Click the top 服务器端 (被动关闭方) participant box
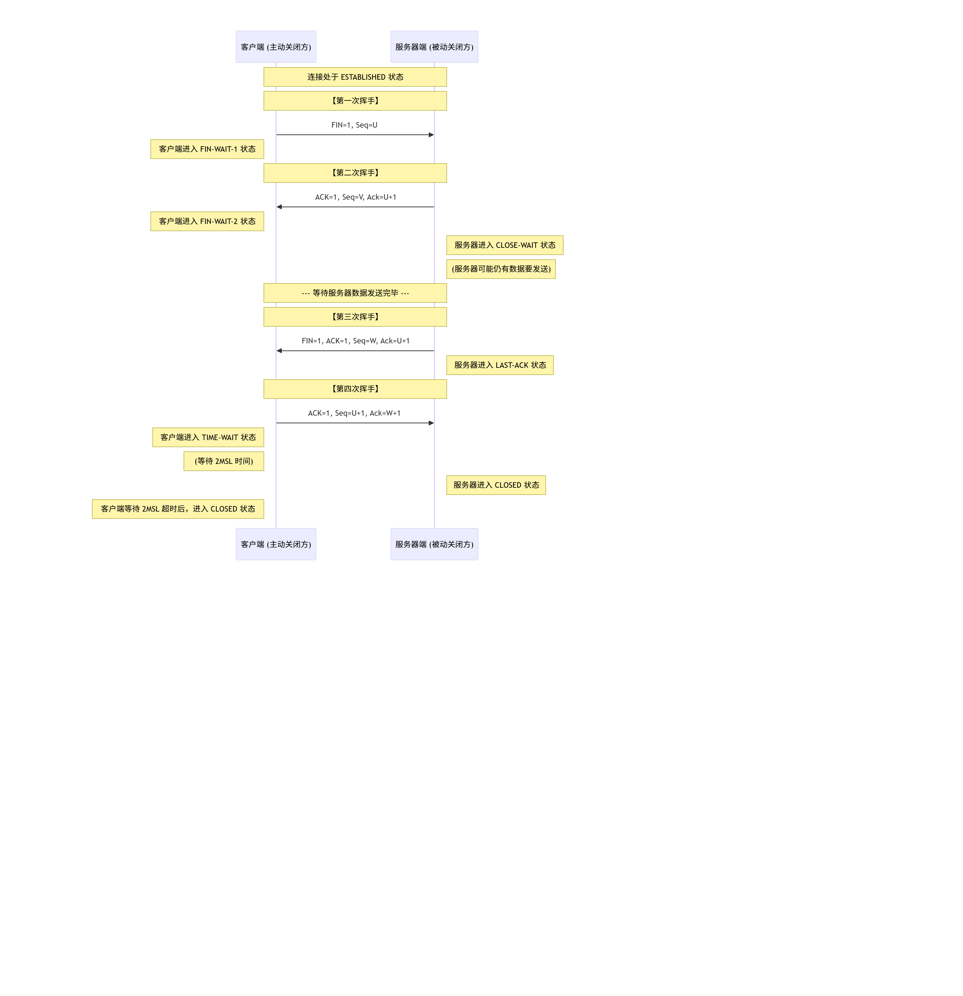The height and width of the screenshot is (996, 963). tap(434, 47)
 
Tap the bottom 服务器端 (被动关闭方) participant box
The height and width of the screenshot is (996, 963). tap(434, 544)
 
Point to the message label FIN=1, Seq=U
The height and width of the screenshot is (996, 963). tap(354, 125)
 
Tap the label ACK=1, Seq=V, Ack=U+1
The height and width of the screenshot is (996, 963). tap(355, 197)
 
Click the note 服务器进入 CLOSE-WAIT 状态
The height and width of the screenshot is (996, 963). tap(505, 245)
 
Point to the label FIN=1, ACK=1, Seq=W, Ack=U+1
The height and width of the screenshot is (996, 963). tap(355, 341)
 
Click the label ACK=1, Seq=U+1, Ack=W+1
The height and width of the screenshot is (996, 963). tap(354, 413)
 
